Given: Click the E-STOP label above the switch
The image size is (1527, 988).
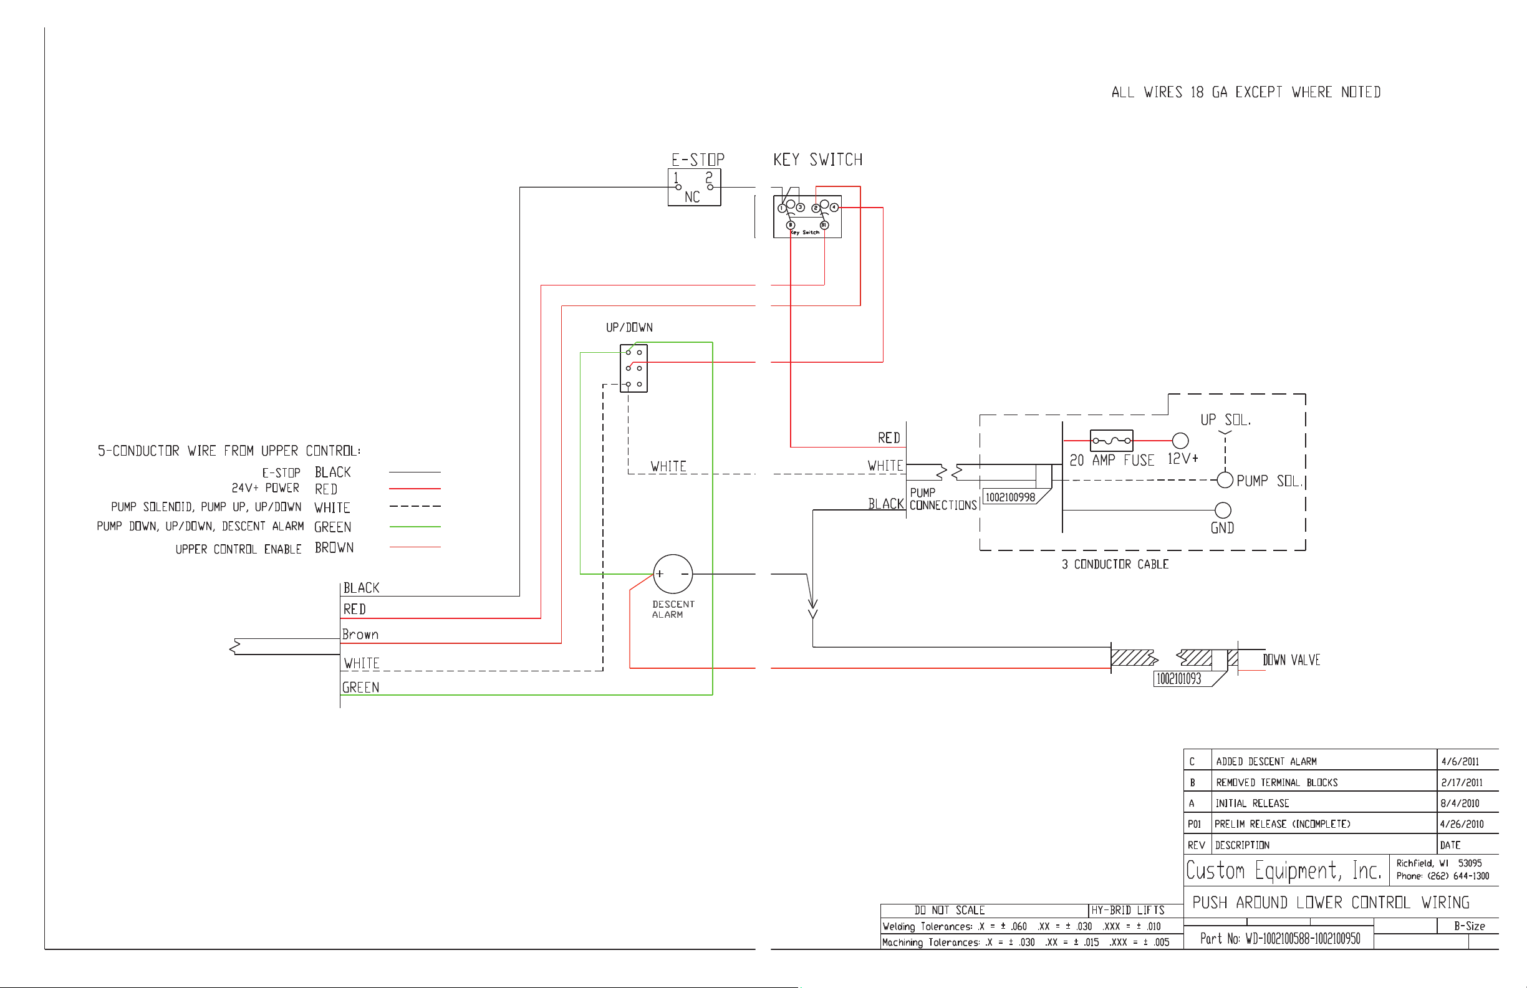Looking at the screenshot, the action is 698,159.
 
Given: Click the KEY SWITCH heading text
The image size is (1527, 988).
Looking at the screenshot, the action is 818,159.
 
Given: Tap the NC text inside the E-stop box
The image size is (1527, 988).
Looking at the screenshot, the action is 691,197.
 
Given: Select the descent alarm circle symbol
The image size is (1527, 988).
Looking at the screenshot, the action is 673,573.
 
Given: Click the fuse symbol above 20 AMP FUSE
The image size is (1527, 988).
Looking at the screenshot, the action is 1112,441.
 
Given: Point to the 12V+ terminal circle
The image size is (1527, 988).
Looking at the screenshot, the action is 1180,441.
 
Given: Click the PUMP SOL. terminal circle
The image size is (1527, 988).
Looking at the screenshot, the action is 1225,480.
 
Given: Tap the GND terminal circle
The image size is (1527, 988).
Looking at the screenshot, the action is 1223,510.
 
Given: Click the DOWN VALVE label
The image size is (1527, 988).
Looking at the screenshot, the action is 1291,660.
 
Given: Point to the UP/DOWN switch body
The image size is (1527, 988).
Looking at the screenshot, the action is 634,368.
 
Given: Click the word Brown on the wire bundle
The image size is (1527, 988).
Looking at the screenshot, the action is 360,635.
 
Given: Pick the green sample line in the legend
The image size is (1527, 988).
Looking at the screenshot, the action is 415,527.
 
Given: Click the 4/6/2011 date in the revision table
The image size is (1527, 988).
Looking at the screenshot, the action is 1460,762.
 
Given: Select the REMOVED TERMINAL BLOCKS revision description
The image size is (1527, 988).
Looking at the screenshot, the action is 1277,783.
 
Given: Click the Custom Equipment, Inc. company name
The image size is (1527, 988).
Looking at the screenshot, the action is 1283,871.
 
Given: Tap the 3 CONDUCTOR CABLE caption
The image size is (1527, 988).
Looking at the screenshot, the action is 1115,565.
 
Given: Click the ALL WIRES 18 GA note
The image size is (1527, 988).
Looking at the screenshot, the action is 1246,92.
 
